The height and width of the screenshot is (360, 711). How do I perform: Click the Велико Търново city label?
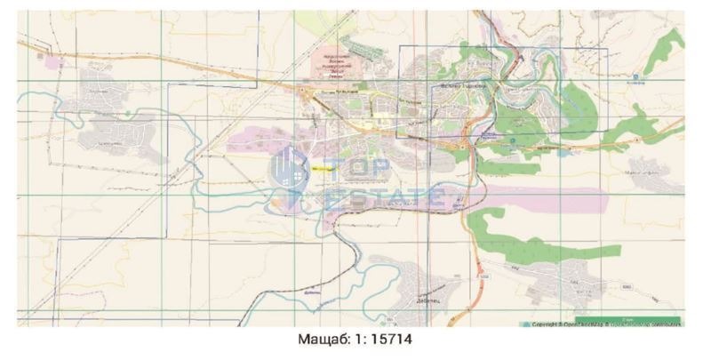coord(466,86)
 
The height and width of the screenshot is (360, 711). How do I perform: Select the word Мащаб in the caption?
coord(318,340)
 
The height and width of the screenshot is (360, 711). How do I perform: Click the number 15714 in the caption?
coord(392,340)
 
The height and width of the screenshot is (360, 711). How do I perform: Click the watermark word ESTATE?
coord(387,195)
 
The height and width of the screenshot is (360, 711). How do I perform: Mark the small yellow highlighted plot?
coord(322,165)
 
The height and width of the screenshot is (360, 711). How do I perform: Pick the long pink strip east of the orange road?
coord(533,197)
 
